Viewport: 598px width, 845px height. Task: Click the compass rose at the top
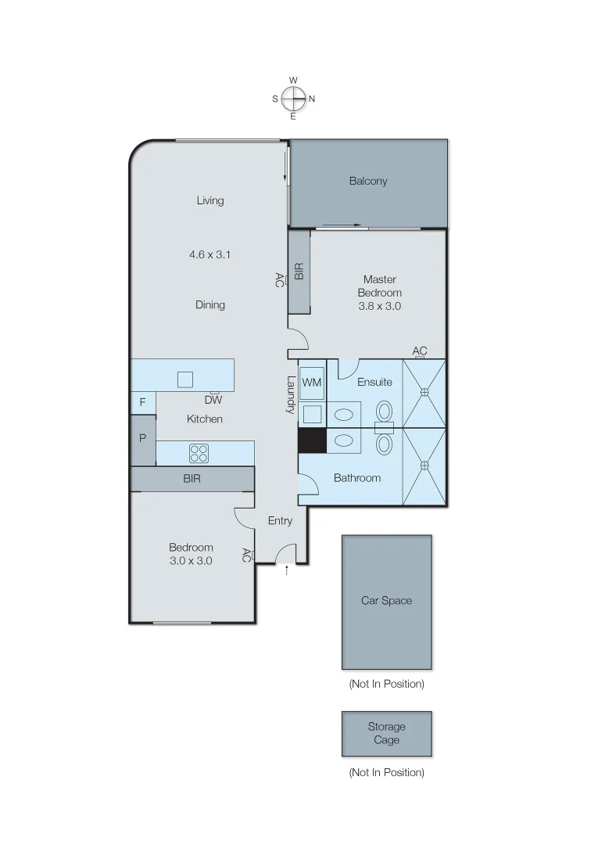(x=293, y=99)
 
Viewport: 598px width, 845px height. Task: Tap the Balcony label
(x=368, y=181)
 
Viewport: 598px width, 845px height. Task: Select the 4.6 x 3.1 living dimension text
(x=210, y=254)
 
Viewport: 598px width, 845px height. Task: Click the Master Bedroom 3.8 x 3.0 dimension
(x=380, y=306)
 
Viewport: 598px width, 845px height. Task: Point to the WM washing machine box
(x=312, y=383)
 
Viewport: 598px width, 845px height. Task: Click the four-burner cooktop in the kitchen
(x=199, y=453)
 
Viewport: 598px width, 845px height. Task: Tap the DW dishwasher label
(x=213, y=399)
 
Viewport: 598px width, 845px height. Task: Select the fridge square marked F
(x=142, y=402)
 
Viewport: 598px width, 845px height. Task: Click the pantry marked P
(x=142, y=439)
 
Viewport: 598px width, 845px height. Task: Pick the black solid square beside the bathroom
(x=312, y=440)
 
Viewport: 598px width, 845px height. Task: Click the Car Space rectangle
(x=386, y=601)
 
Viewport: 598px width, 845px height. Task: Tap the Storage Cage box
(x=386, y=733)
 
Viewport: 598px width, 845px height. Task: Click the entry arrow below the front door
(x=287, y=571)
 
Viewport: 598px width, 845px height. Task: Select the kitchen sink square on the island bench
(x=185, y=379)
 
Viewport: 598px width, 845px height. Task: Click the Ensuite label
(x=374, y=382)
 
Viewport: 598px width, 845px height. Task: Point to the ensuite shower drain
(x=424, y=392)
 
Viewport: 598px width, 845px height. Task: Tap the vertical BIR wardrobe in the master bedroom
(x=299, y=271)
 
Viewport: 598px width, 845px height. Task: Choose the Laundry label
(x=290, y=396)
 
